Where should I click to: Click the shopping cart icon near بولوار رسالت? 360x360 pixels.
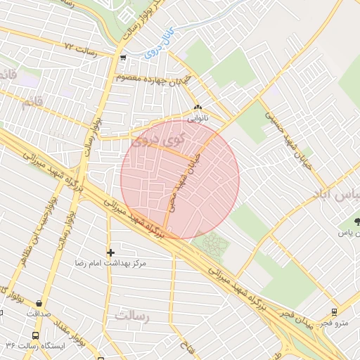pos(124,58)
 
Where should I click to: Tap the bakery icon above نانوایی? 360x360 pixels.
pos(197,108)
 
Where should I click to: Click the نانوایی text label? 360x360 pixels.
pos(197,118)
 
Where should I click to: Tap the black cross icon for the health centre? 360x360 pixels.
pos(110,252)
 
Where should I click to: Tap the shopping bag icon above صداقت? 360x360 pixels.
pos(39,304)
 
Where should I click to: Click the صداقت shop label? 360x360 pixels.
pos(39,314)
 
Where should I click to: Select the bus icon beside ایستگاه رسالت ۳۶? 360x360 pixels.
pos(36,335)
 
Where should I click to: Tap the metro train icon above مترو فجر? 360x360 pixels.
pos(334,312)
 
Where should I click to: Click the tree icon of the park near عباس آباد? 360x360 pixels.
pos(359,221)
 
